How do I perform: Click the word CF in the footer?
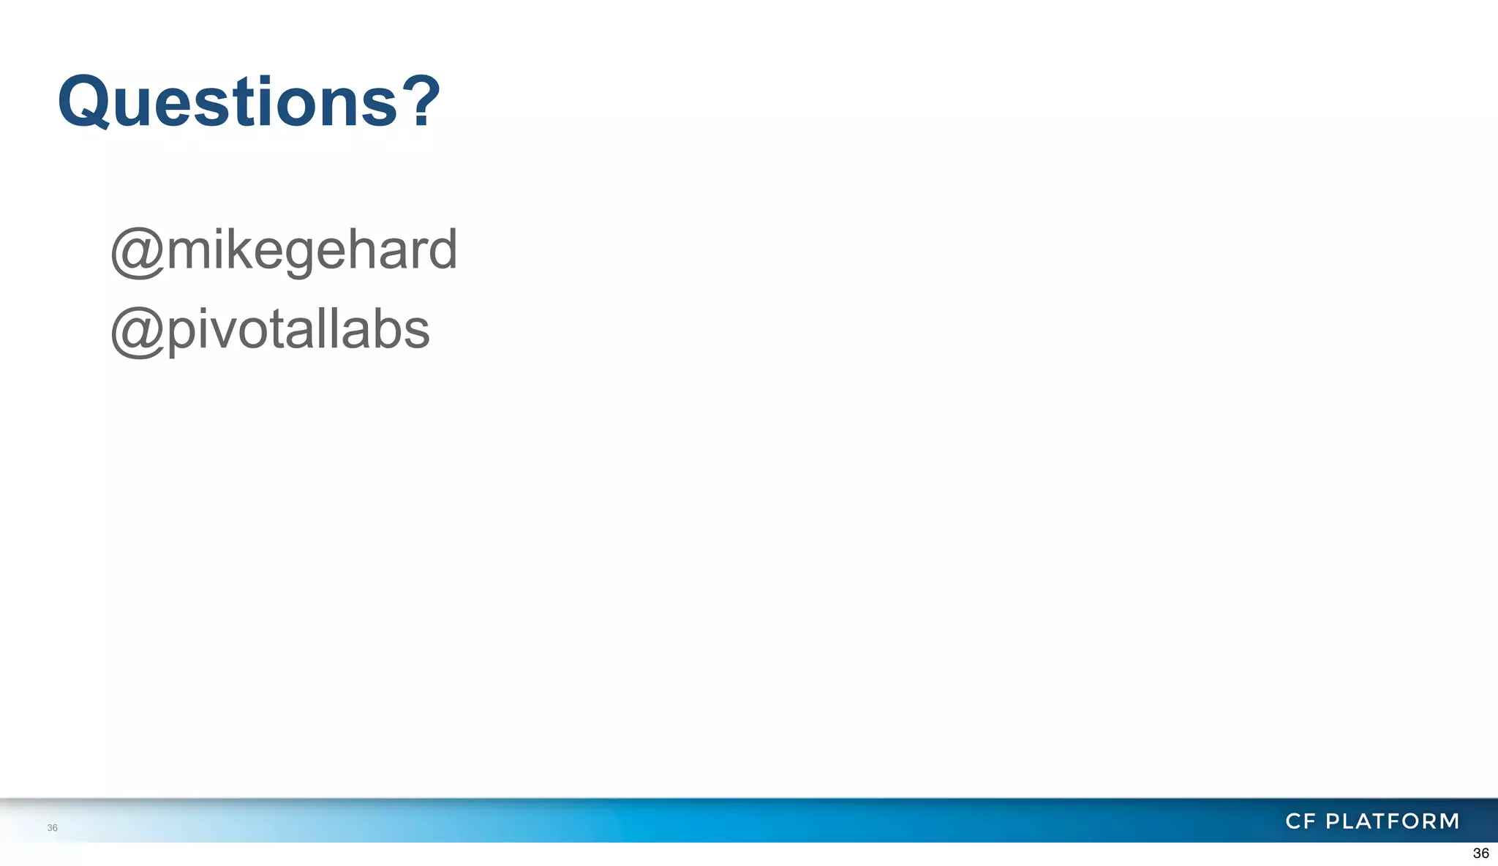(1301, 821)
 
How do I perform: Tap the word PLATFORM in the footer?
(1393, 821)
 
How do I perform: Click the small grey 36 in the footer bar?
(52, 828)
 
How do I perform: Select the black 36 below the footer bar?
(1480, 854)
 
